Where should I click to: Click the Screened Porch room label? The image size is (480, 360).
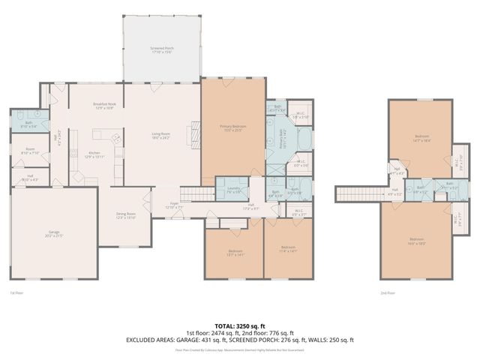[161, 49]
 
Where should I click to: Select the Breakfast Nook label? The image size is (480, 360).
[104, 106]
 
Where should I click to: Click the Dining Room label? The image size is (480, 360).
[125, 214]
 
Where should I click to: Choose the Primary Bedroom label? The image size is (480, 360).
[232, 127]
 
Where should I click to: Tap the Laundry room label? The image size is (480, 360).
[232, 190]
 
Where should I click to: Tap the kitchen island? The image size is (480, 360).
[100, 136]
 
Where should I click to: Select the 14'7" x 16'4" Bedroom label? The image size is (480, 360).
[419, 139]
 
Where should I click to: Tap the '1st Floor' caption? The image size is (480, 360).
[16, 293]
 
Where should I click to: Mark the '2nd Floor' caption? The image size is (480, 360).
[388, 293]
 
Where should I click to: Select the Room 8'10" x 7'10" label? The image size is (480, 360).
[30, 151]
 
